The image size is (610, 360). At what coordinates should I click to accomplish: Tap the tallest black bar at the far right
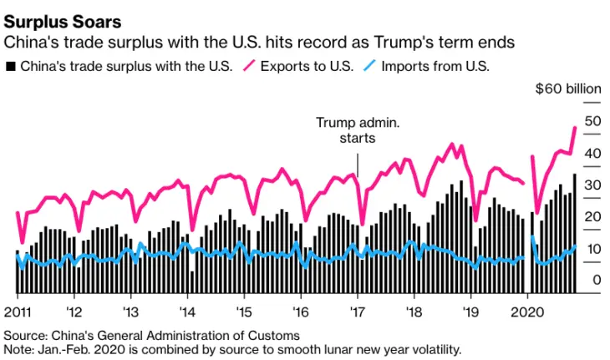[x=575, y=234]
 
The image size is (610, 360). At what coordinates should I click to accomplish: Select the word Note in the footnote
[x=18, y=348]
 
